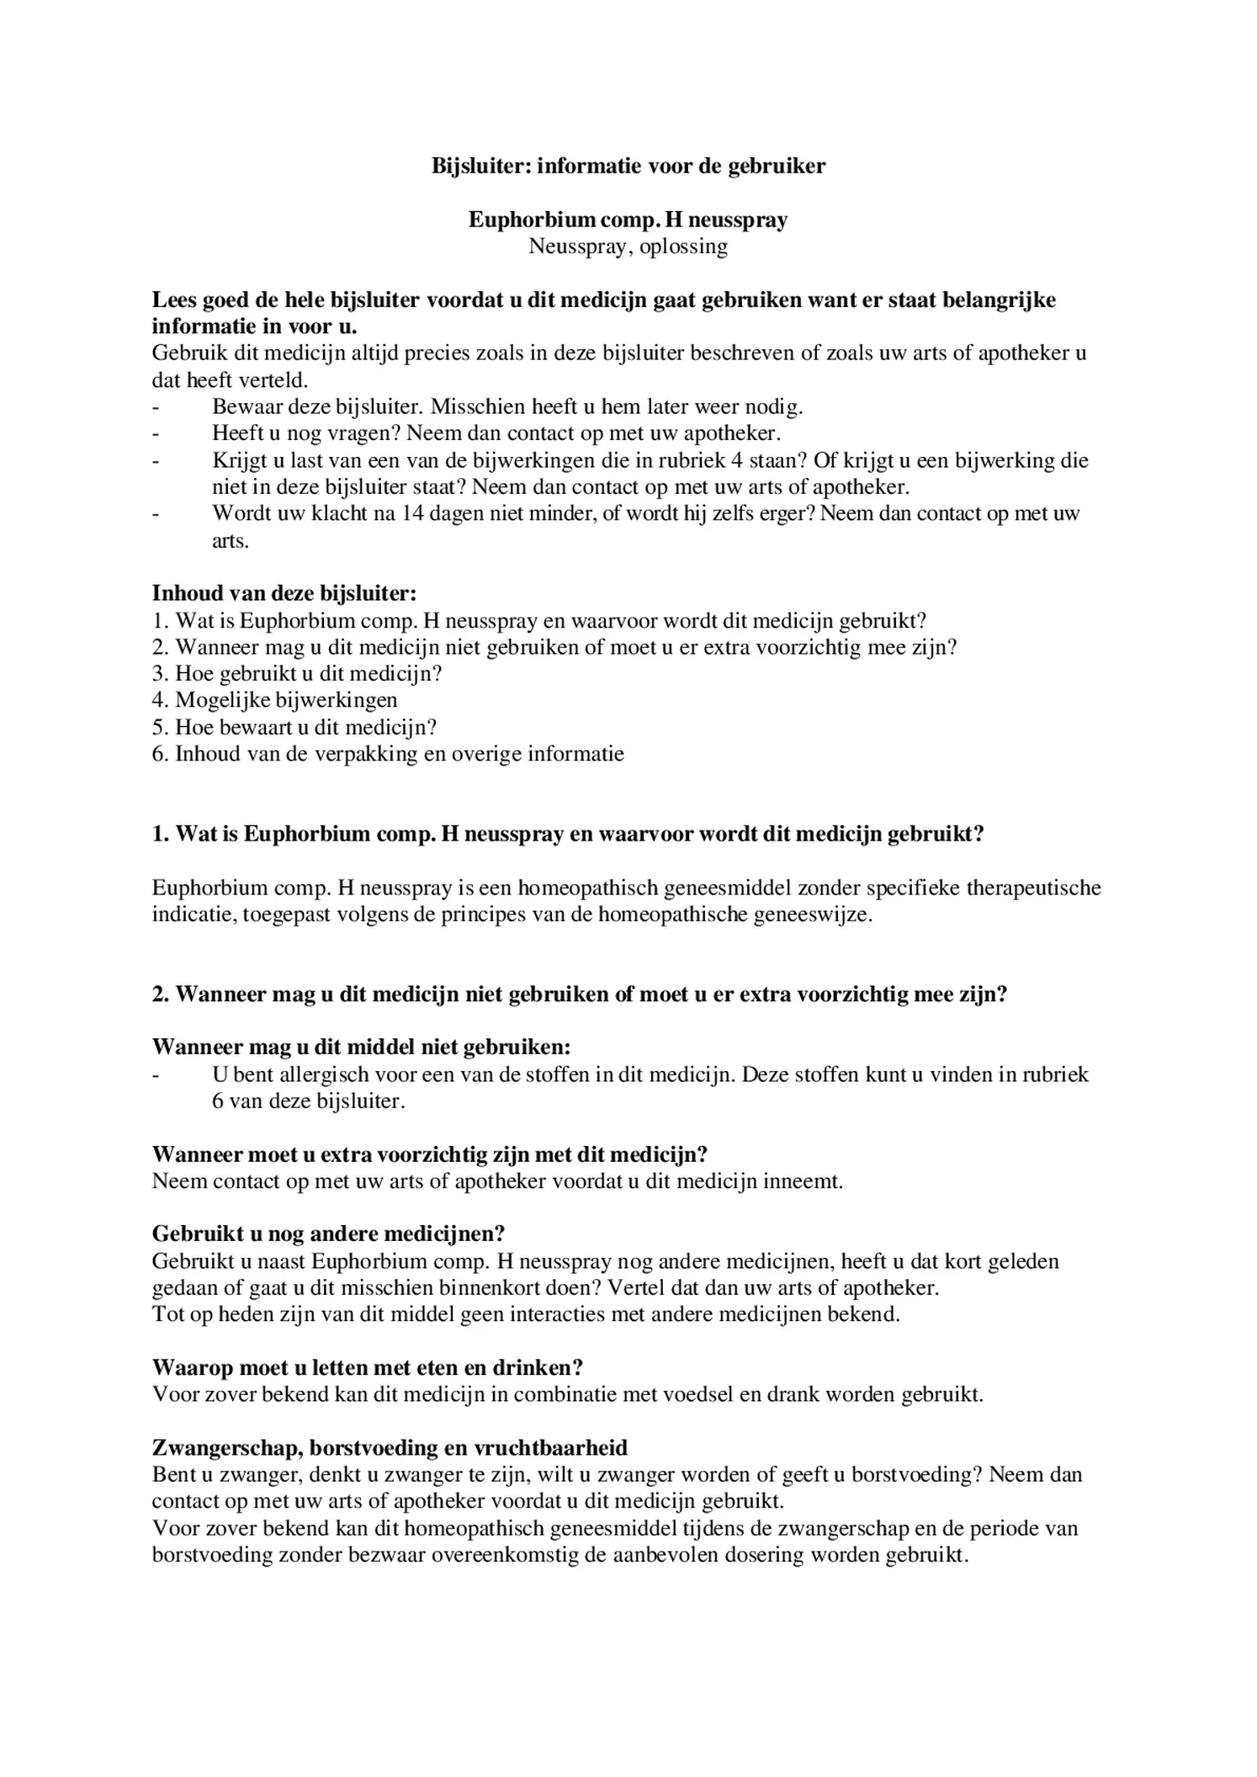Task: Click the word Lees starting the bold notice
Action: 174,300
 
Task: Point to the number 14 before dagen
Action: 412,513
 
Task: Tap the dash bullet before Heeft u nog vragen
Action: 156,434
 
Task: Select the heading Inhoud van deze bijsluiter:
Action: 284,593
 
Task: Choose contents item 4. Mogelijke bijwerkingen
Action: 274,700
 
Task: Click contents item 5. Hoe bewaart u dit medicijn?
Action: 294,727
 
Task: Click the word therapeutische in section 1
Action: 1030,888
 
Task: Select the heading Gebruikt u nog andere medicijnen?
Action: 328,1234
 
